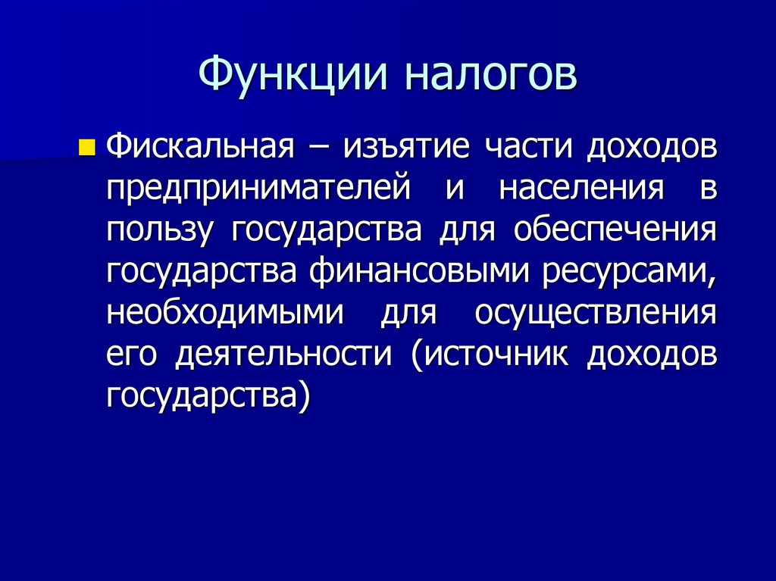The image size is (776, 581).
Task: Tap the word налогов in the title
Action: pos(489,76)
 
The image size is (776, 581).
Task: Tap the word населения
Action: pos(580,188)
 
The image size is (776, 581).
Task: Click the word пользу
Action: pos(158,230)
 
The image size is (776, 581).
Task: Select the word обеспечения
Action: pos(615,230)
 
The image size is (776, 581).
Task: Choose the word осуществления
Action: pos(596,313)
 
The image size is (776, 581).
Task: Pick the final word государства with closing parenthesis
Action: pos(208,396)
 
